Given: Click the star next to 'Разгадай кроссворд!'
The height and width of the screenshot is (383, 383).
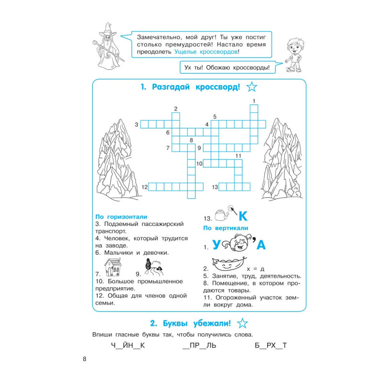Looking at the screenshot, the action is [252, 87].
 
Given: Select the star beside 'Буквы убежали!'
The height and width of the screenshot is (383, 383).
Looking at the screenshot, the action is [242, 323].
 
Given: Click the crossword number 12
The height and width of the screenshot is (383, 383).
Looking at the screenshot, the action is [145, 187].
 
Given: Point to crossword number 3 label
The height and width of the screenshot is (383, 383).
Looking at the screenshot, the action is [136, 124].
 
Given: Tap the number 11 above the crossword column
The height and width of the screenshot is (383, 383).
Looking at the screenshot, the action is [238, 156].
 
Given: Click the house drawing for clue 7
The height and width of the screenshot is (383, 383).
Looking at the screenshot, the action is [113, 267].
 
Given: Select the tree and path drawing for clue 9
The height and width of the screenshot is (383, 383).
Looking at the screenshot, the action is [153, 267].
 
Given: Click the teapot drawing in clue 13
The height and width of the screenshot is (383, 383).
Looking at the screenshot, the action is [222, 215].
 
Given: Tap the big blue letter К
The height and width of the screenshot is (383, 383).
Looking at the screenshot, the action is [243, 216].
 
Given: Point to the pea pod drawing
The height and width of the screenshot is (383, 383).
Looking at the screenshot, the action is [228, 264].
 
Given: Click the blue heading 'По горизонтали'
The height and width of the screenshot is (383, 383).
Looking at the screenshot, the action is [121, 217].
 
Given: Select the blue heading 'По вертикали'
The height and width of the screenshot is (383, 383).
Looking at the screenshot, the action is [225, 228].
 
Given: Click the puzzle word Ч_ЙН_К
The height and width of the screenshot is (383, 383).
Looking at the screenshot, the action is [128, 345].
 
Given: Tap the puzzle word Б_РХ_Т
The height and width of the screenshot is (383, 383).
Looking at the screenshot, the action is [270, 345].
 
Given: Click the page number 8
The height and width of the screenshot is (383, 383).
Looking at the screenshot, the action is [85, 359].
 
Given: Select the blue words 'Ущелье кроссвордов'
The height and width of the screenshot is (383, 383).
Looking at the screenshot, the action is [206, 52].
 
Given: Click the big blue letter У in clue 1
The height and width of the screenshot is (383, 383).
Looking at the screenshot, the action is [216, 245].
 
